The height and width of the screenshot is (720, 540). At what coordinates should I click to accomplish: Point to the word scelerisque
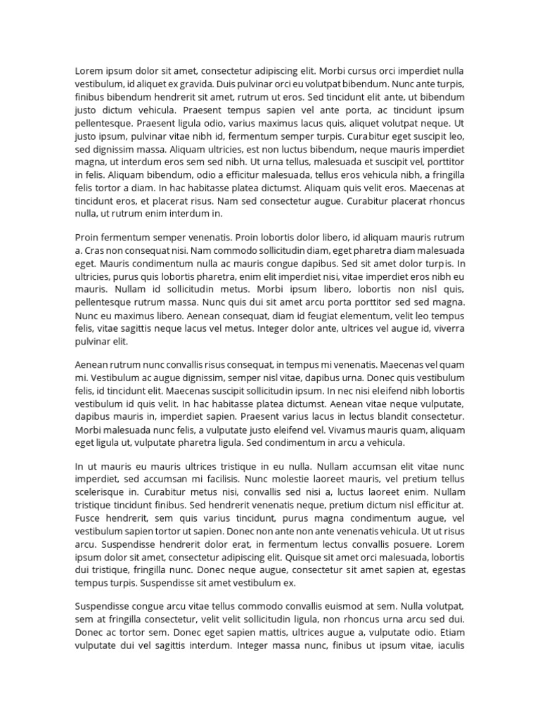[x=99, y=491]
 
